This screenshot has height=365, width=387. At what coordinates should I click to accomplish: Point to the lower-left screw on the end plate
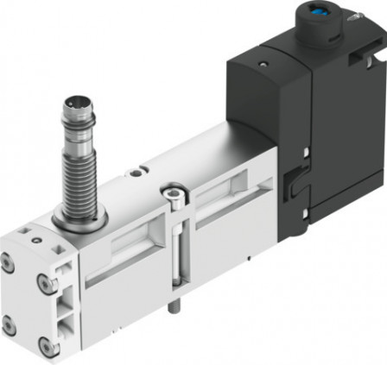point(9,325)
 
